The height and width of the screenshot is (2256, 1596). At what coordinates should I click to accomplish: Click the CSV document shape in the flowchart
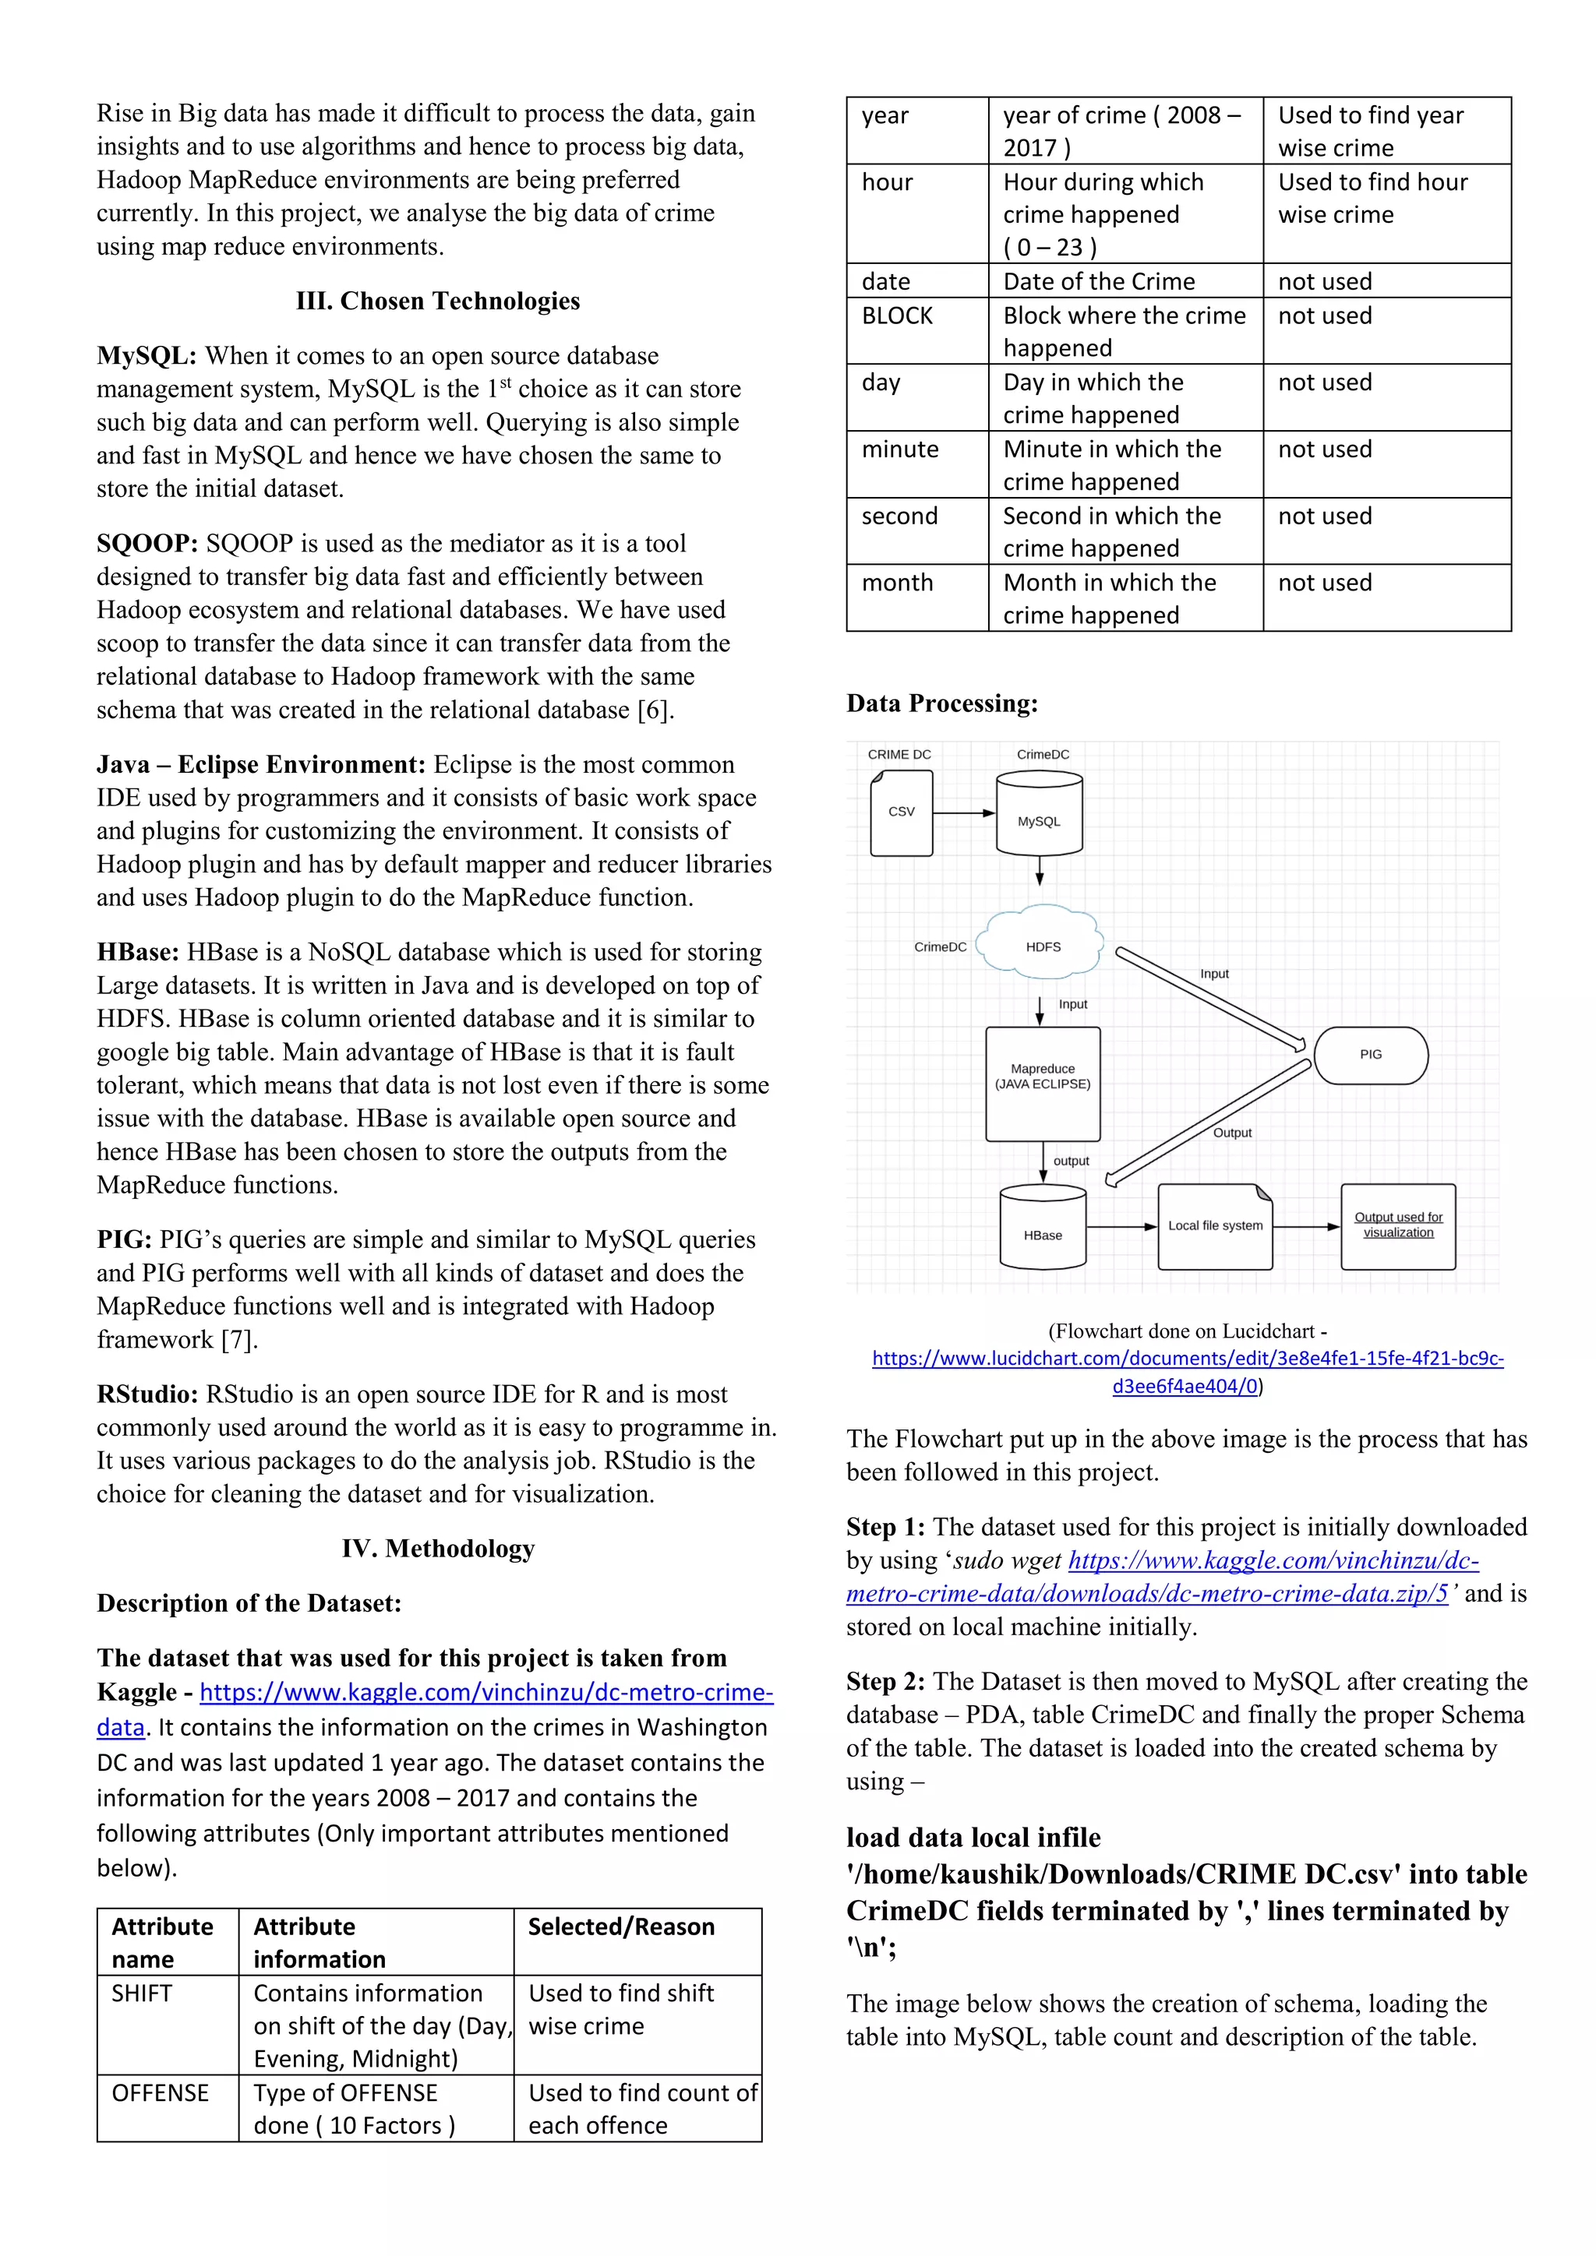coord(901,813)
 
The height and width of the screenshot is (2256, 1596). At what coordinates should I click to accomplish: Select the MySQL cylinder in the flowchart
coord(1039,815)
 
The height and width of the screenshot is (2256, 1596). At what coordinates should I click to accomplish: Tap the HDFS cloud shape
coord(1043,944)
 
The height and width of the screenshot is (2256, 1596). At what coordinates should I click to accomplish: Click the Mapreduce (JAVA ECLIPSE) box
coord(1043,1083)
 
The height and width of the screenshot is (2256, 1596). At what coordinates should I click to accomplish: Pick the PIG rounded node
coord(1370,1056)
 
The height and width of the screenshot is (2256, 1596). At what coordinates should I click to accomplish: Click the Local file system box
coord(1215,1226)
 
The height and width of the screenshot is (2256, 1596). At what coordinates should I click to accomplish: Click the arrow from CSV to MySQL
coord(964,813)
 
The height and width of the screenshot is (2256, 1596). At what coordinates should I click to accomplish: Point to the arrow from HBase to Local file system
coord(1121,1226)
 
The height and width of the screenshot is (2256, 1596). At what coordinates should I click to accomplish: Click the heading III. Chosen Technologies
coord(437,301)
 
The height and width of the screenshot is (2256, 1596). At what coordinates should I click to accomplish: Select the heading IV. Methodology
coord(437,1549)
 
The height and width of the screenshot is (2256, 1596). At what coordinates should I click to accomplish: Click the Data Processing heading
coord(941,703)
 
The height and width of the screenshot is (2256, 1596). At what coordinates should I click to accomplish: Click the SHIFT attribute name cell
coord(143,1993)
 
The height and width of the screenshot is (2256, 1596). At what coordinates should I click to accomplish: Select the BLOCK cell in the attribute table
coord(897,315)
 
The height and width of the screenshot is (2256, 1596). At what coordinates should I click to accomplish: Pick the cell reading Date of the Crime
coord(1099,282)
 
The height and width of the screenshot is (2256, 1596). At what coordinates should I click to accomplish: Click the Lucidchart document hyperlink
coord(1187,1372)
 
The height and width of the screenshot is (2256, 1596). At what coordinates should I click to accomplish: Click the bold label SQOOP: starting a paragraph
coord(147,545)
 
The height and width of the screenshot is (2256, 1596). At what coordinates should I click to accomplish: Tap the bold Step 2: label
coord(885,1681)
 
